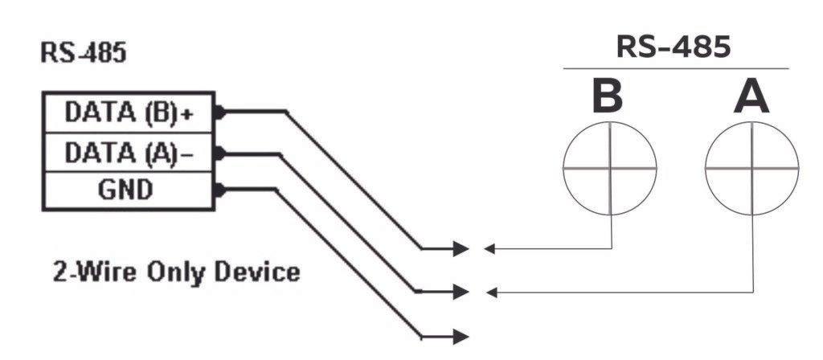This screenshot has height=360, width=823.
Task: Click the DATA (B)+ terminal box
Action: coord(129,113)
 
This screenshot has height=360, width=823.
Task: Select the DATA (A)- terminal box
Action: coord(129,152)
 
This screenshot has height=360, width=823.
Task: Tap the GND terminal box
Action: coord(129,190)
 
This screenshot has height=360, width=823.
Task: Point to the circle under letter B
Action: coord(611,170)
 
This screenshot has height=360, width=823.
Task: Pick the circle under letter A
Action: coord(752,170)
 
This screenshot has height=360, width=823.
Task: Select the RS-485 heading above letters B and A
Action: coord(674,47)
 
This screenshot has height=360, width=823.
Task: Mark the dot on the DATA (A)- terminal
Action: coord(219,151)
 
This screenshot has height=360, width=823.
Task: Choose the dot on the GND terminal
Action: coord(219,190)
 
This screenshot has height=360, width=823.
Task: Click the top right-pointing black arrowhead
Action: coord(461,248)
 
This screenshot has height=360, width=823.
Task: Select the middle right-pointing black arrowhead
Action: coord(461,291)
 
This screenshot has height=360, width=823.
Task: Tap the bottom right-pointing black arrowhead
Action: coord(461,334)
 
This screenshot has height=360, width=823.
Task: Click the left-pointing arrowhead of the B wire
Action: coord(489,248)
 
